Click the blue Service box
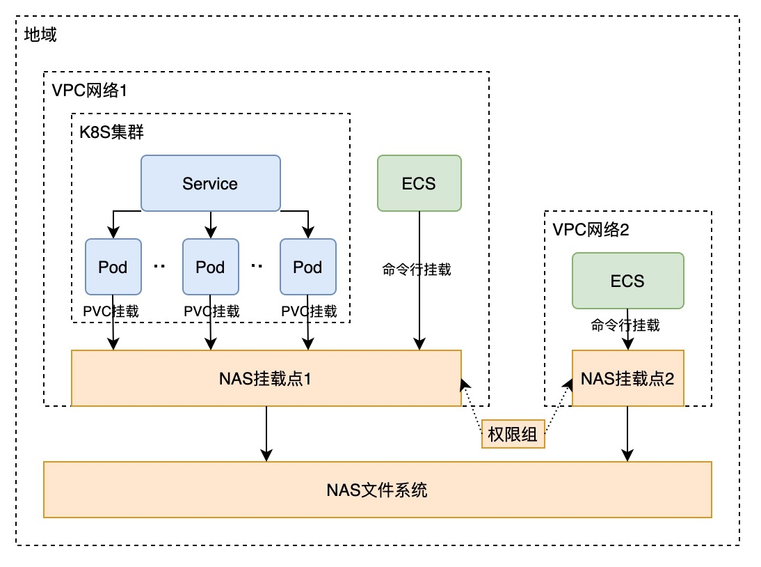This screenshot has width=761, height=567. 210,183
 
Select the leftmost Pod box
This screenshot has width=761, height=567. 113,267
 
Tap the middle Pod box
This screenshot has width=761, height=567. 210,267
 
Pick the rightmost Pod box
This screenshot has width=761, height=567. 307,267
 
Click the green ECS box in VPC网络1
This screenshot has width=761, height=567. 419,183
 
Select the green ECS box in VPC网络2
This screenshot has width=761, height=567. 627,281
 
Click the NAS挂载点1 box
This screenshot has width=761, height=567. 266,378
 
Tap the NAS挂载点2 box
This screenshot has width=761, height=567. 627,378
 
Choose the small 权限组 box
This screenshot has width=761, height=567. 513,435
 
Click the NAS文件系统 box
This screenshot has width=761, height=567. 377,490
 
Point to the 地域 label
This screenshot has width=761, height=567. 40,35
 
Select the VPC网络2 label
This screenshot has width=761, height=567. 591,229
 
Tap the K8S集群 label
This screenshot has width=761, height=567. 111,132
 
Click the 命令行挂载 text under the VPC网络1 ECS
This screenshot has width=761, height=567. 417,270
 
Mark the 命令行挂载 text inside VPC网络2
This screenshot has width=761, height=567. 625,325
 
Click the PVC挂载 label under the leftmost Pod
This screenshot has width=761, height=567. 111,311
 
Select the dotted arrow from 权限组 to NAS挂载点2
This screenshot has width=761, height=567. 557,407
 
